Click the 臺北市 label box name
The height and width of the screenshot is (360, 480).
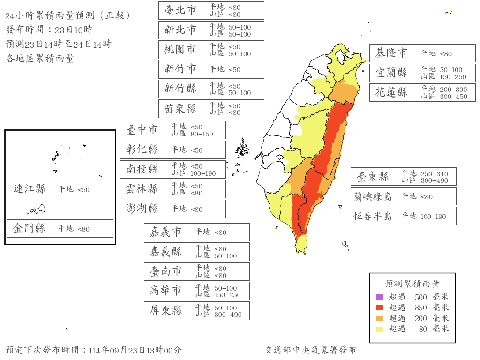pyautogui.click(x=180, y=10)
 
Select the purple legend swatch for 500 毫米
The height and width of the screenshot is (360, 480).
pyautogui.click(x=379, y=297)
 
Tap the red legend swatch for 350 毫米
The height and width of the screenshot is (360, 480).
pyautogui.click(x=379, y=308)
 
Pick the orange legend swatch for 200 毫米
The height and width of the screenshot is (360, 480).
pyautogui.click(x=379, y=318)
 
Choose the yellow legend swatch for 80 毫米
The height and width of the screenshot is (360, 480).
pyautogui.click(x=379, y=329)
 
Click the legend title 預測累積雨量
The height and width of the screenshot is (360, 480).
pyautogui.click(x=412, y=284)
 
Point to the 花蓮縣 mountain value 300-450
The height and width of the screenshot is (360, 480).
pyautogui.click(x=453, y=97)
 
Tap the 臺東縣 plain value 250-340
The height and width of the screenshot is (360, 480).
pyautogui.click(x=434, y=174)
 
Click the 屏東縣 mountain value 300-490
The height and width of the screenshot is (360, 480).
pyautogui.click(x=228, y=315)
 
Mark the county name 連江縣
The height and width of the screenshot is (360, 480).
pyautogui.click(x=30, y=189)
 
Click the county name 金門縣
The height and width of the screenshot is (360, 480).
pyautogui.click(x=30, y=229)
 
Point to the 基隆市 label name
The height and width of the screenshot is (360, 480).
pyautogui.click(x=391, y=53)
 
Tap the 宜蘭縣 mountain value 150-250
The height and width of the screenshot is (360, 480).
pyautogui.click(x=453, y=77)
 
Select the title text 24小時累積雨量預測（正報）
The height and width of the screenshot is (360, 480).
pyautogui.click(x=67, y=15)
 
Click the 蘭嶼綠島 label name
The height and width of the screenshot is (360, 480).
pyautogui.click(x=374, y=197)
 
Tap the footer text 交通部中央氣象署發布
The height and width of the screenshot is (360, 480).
pyautogui.click(x=310, y=350)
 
